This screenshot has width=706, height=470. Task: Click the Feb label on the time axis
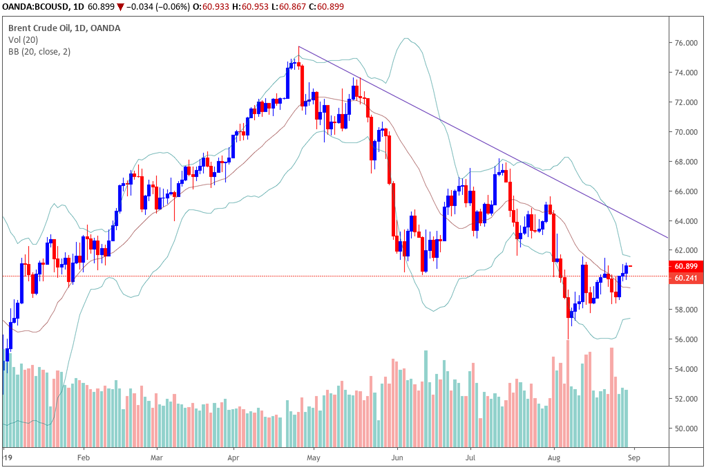coord(84,458)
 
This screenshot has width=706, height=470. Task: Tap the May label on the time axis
coord(314,458)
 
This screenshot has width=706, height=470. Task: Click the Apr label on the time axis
coord(233,458)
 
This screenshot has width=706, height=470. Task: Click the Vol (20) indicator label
coord(23,40)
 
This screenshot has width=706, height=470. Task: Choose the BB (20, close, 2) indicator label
coord(39,52)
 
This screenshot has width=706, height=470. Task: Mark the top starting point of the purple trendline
coord(298,47)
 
